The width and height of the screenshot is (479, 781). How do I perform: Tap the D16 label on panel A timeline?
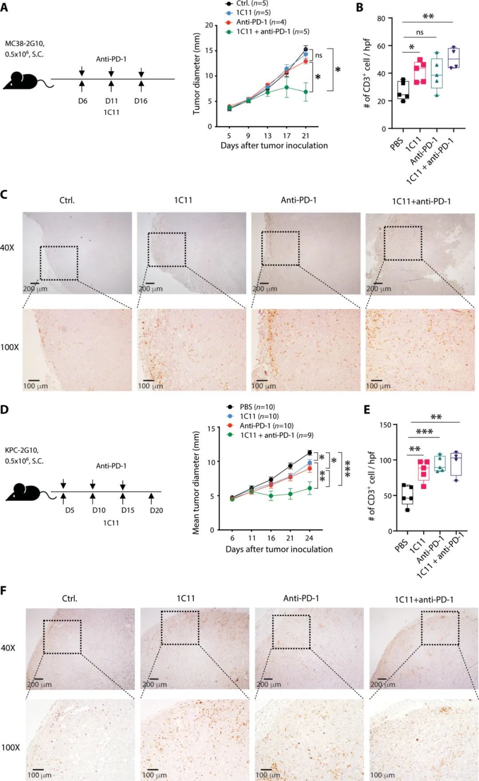pyautogui.click(x=141, y=101)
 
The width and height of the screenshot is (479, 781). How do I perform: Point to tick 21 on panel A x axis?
pyautogui.click(x=305, y=136)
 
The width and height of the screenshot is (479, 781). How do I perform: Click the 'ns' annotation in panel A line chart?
pyautogui.click(x=318, y=55)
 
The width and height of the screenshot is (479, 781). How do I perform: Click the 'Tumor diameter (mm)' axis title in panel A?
pyautogui.click(x=196, y=74)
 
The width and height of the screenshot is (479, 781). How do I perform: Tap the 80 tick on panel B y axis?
pyautogui.click(x=381, y=18)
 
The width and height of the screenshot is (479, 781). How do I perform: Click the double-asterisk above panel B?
pyautogui.click(x=428, y=17)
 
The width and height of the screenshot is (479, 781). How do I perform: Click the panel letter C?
pyautogui.click(x=4, y=195)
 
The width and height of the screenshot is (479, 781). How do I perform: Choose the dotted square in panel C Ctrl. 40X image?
pyautogui.click(x=59, y=263)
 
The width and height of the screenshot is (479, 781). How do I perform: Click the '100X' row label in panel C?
pyautogui.click(x=10, y=348)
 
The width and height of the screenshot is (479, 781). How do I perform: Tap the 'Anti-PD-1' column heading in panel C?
pyautogui.click(x=298, y=200)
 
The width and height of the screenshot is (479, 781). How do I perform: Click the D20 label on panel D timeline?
pyautogui.click(x=156, y=511)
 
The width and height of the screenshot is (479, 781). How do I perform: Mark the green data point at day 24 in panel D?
pyautogui.click(x=310, y=488)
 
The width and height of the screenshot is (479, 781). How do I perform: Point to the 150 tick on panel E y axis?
pyautogui.click(x=385, y=425)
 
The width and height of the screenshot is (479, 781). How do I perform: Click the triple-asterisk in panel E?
pyautogui.click(x=424, y=432)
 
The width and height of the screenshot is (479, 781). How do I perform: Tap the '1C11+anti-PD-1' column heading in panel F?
pyautogui.click(x=424, y=599)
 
